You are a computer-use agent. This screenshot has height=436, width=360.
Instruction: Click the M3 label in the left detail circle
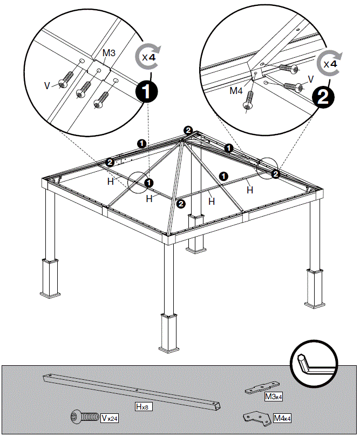click(110, 54)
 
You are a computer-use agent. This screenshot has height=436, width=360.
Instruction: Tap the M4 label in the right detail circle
click(236, 91)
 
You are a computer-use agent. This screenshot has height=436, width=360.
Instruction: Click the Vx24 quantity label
click(110, 418)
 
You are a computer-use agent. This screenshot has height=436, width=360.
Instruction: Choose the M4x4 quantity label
click(282, 418)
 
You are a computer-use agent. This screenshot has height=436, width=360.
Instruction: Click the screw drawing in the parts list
click(85, 417)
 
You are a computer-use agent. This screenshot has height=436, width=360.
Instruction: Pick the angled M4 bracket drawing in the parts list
click(256, 418)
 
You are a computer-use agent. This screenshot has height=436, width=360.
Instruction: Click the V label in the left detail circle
click(47, 84)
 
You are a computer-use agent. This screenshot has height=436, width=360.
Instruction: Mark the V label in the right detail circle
click(310, 79)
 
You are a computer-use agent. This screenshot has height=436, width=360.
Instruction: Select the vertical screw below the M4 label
click(249, 100)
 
